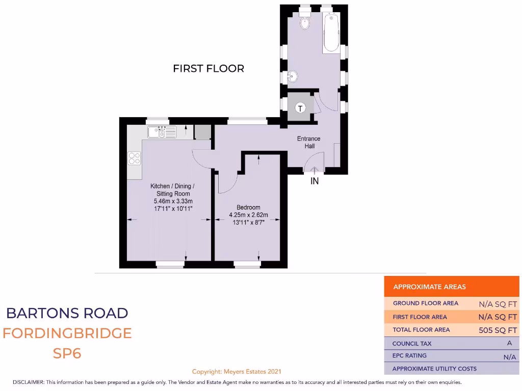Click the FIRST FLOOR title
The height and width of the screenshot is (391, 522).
(x=208, y=68)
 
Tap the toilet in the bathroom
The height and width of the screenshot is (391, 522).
(x=305, y=22)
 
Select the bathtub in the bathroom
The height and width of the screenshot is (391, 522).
(x=331, y=34)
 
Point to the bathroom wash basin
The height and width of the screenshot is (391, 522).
(x=293, y=77)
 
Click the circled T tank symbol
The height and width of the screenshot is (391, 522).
(x=301, y=108)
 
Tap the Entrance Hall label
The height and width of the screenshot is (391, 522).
(x=309, y=142)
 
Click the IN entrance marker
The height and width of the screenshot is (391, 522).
(x=315, y=181)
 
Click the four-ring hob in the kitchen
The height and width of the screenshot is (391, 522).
(x=135, y=158)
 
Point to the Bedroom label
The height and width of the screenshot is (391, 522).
(x=248, y=207)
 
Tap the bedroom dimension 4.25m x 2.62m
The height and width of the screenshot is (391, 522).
(x=248, y=214)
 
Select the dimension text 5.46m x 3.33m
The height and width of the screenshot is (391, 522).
(x=172, y=201)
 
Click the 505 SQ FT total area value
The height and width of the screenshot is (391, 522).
(x=498, y=330)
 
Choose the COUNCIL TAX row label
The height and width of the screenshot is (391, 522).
(x=412, y=344)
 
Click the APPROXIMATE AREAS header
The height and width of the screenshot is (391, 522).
(x=429, y=287)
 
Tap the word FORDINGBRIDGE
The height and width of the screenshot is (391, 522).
(x=67, y=333)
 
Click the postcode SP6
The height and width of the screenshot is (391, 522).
(x=67, y=353)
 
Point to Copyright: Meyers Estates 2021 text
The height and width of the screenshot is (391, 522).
(x=237, y=372)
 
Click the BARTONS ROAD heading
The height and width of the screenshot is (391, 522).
(x=67, y=313)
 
